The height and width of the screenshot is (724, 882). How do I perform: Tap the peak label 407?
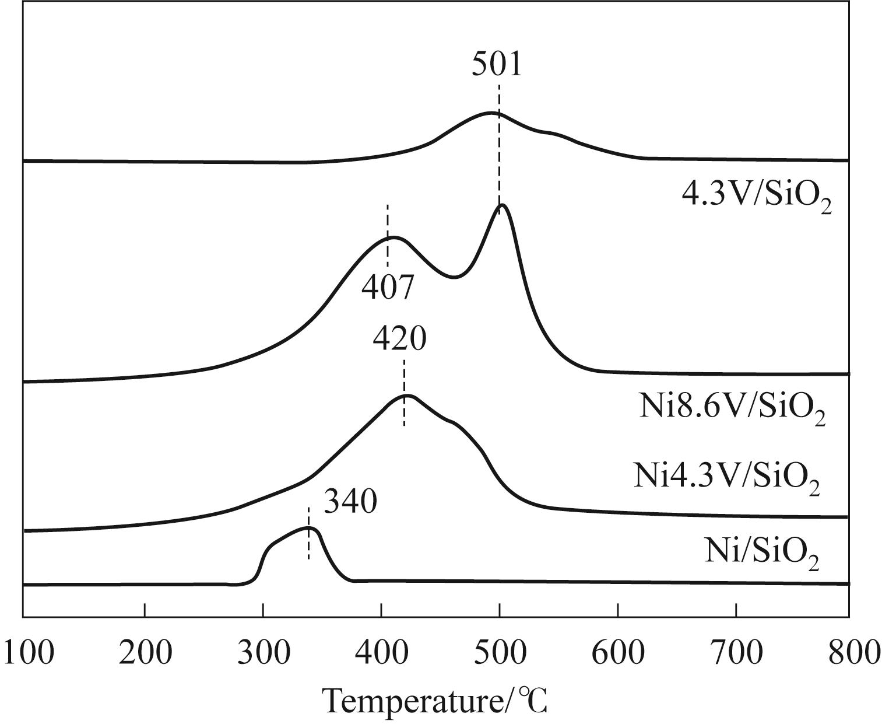point(388,286)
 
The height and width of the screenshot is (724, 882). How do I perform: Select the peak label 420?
point(400,338)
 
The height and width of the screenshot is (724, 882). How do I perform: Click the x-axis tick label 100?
point(28,652)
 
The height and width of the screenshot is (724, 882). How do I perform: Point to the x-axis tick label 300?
point(263,652)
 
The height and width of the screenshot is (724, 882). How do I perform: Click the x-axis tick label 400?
point(381,652)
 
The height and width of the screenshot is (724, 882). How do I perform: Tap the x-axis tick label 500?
point(500,652)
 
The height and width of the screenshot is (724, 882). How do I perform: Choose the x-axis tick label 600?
point(618,652)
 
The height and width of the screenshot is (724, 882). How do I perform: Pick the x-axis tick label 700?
point(736,652)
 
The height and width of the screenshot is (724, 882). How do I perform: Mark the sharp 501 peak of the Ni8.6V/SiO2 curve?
point(501,205)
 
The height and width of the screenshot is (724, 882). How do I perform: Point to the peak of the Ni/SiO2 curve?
point(311,528)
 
